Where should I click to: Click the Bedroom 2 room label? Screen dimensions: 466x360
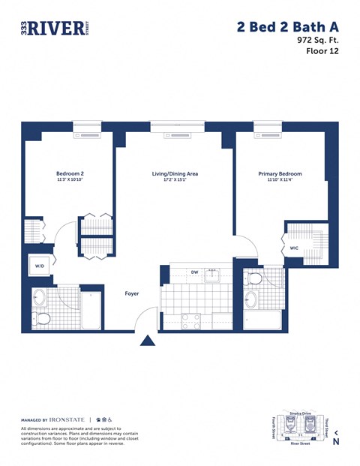70,173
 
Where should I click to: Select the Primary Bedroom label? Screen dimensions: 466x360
279,173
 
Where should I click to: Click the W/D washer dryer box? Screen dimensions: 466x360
39,265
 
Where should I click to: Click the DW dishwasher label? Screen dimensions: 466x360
194,272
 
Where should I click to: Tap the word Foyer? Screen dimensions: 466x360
132,293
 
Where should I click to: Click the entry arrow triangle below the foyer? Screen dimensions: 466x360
148,341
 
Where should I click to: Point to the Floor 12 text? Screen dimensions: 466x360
321,52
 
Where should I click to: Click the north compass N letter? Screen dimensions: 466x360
335,442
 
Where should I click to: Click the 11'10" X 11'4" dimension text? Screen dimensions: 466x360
279,181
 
